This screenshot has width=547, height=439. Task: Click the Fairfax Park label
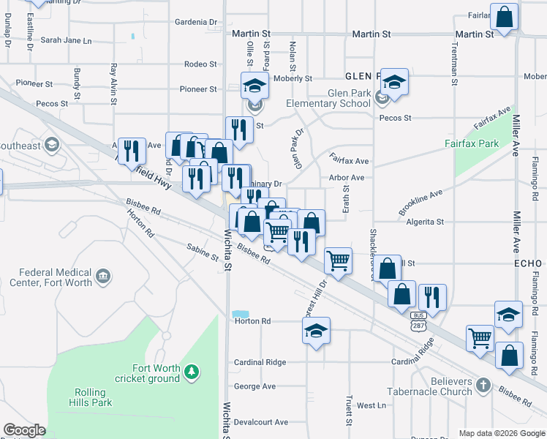tap(472, 143)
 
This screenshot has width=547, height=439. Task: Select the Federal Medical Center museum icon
tap(104, 276)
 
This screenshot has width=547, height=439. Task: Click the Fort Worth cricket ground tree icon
tap(192, 372)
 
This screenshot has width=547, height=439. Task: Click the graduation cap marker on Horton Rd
tap(317, 331)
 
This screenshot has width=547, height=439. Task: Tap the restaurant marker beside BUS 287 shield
tap(432, 297)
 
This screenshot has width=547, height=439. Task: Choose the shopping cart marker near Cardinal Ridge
tap(480, 338)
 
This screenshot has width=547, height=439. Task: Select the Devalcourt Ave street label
tap(261, 422)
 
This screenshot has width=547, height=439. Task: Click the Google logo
tap(24, 430)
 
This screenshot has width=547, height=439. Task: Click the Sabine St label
tap(203, 252)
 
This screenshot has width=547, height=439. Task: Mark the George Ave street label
tap(254, 386)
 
